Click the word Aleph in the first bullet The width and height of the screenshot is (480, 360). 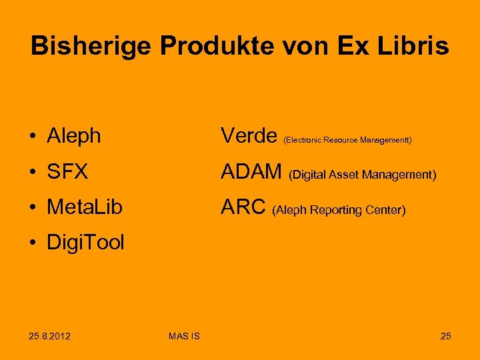tap(73, 136)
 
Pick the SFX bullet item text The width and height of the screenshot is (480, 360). tap(67, 172)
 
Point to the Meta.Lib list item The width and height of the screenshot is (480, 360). tap(85, 207)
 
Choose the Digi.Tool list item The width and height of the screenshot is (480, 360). tap(85, 243)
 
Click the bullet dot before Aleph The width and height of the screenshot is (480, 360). tap(33, 137)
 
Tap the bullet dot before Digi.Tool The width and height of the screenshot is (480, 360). tap(33, 244)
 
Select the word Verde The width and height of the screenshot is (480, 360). tap(249, 136)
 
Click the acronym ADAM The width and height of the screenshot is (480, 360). tap(251, 172)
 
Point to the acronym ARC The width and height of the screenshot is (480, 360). tap(243, 207)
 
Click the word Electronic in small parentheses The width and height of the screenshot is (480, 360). tap(303, 141)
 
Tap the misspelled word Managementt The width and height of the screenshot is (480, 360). tap(385, 141)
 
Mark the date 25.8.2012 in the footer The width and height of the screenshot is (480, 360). tap(50, 336)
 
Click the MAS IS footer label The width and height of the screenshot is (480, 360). tap(184, 336)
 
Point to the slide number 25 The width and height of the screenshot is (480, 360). tap(445, 336)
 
